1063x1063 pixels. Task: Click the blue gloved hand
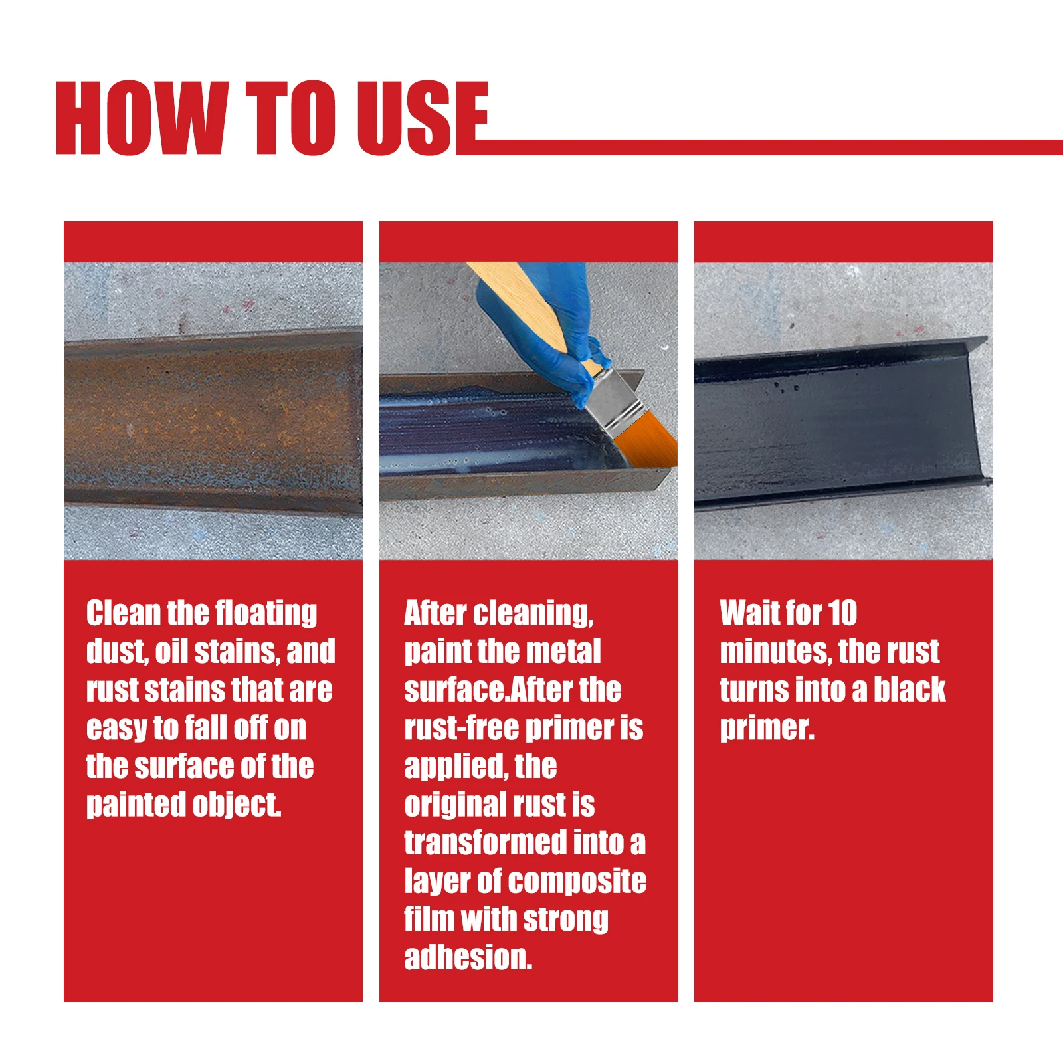545,319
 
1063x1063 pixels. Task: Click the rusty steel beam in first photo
213,419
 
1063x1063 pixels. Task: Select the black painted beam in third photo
837,425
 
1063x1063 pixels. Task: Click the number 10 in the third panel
842,613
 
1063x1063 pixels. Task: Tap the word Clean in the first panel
124,613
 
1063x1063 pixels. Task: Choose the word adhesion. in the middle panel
468,957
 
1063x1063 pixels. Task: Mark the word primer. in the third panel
767,728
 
